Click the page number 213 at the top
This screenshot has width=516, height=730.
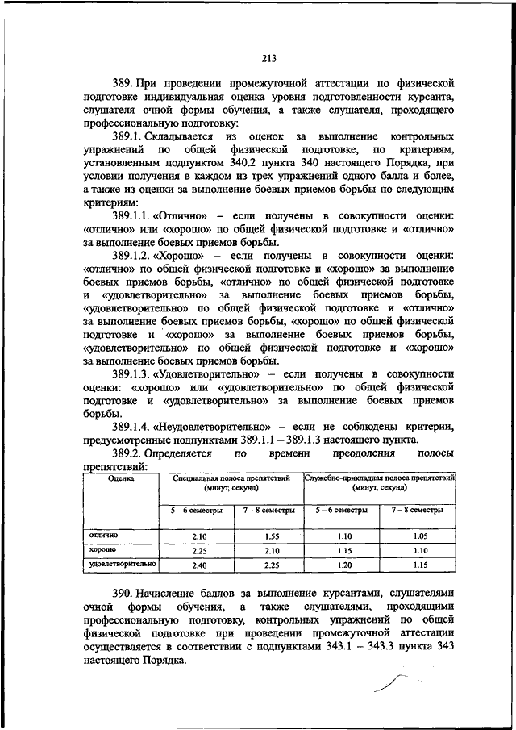pos(268,56)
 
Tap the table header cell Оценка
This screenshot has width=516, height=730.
pos(121,478)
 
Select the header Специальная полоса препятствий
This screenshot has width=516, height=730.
pos(231,478)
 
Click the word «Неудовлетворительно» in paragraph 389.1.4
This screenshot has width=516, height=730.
pos(207,427)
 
